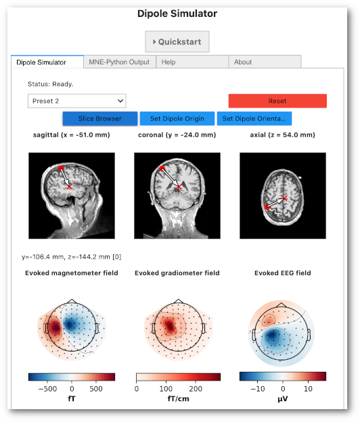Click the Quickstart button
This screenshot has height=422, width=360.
(x=177, y=42)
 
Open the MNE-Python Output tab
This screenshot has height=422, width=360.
(x=119, y=62)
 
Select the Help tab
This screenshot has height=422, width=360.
(x=192, y=62)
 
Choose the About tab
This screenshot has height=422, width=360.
(x=265, y=62)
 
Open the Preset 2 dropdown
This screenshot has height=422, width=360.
(x=77, y=101)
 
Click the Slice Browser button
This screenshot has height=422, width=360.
(x=100, y=119)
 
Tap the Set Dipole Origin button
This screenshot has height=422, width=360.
(x=177, y=119)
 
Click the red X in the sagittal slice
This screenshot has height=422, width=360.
(x=70, y=186)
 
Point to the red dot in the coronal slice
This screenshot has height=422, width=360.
(x=162, y=169)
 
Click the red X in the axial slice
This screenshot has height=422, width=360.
(x=285, y=198)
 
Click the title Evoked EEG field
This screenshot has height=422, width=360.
(x=283, y=273)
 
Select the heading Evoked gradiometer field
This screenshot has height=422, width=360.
(x=177, y=273)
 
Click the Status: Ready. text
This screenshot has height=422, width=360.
(x=51, y=84)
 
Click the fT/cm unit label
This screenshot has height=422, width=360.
(x=178, y=398)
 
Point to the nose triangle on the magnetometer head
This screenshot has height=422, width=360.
(x=72, y=301)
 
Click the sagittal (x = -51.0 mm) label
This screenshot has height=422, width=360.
(x=72, y=135)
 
